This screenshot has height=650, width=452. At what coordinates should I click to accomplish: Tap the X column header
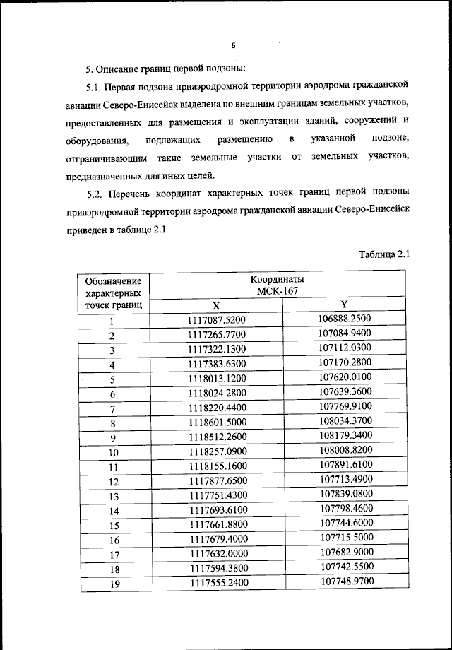coord(216,305)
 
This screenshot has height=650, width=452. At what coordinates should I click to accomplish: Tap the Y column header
coord(344,304)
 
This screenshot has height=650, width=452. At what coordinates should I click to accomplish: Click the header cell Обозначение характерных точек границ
coord(113,293)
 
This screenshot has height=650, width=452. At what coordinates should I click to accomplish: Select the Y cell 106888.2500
coord(345,319)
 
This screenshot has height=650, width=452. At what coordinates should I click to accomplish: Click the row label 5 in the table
coord(112,379)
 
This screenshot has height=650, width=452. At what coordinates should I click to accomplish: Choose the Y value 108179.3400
coord(345,436)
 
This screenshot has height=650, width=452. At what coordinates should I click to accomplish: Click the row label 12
coord(112,482)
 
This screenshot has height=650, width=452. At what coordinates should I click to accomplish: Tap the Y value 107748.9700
coord(345,581)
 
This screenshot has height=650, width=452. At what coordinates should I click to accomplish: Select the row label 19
coord(112,584)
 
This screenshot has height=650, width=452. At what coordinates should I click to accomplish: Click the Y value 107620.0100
coord(345,377)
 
